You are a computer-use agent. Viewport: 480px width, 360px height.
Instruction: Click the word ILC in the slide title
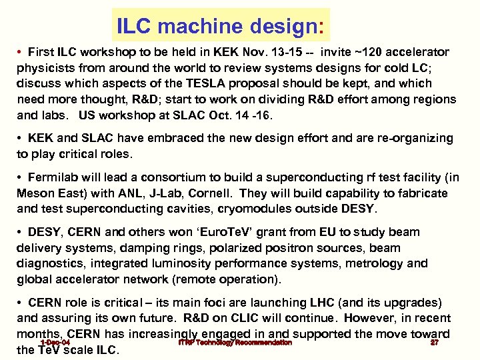point(135,27)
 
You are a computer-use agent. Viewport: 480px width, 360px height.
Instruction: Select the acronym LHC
point(342,303)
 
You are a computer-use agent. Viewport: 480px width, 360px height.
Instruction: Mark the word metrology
point(380,263)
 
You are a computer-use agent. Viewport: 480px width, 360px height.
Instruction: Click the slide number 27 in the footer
point(434,343)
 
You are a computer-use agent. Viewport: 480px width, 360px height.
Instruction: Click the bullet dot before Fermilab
point(21,177)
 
